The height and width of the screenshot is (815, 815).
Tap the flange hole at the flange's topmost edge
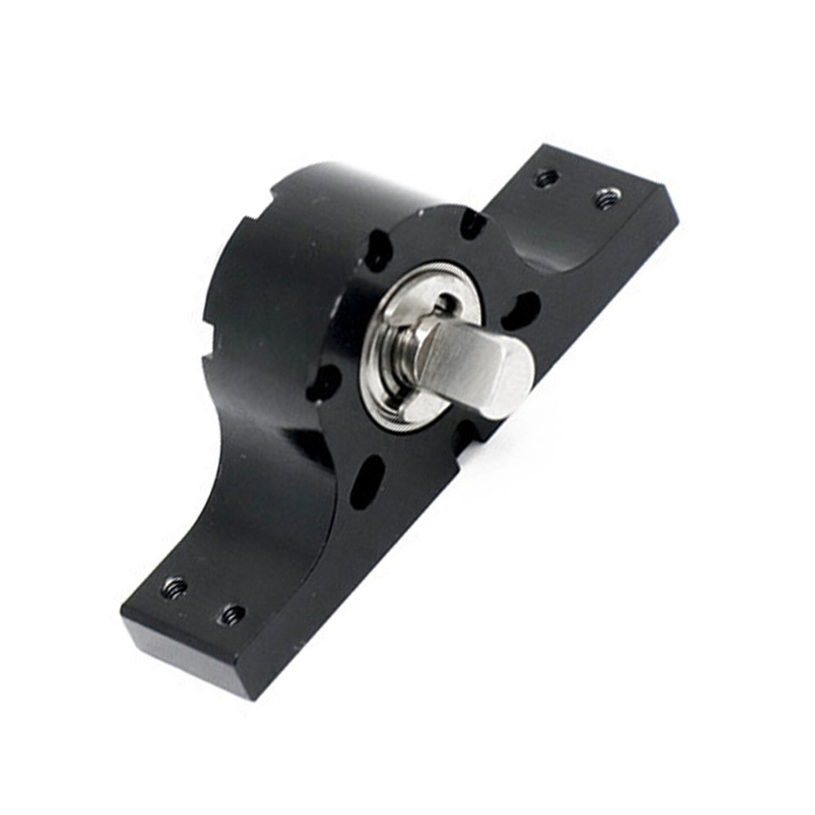click(473, 222)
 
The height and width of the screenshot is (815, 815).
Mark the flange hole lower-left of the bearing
click(324, 382)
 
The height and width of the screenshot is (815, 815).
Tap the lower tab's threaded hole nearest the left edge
click(174, 587)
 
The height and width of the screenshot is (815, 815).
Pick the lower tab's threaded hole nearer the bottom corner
click(231, 614)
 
